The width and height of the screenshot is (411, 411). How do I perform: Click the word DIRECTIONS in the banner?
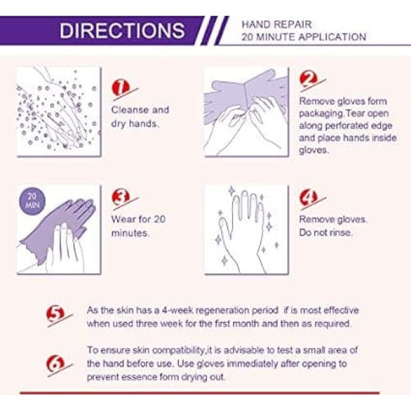coord(122,30)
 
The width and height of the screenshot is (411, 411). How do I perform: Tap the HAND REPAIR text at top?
coord(277,25)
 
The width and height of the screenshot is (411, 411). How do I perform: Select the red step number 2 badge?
coord(308,79)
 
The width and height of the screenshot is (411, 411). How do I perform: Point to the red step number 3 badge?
coord(121,197)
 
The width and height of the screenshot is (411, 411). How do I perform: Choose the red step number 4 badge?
coord(308,197)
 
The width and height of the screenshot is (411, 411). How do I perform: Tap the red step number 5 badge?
coord(55,314)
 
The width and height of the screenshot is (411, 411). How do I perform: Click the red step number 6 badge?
coord(55,364)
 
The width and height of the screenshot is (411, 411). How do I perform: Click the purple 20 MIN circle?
coord(32,201)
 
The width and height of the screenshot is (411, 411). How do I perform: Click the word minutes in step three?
coord(129,233)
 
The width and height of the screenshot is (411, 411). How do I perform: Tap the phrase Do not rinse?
coord(325,232)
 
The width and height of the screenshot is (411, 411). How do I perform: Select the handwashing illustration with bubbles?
coord(59,112)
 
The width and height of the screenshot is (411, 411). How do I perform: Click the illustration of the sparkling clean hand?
coord(247,230)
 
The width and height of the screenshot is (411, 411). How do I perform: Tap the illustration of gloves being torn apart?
coord(247,112)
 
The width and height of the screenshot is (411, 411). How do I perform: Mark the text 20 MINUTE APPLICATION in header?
coord(303,37)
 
